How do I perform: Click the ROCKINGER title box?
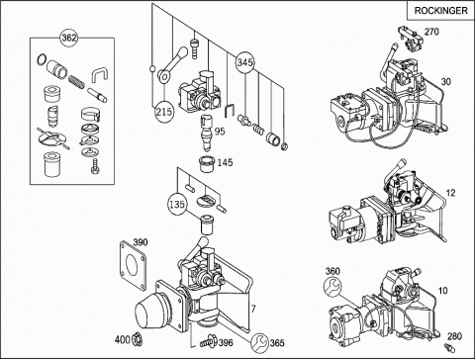tap(440, 11)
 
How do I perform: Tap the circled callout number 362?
tap(68, 38)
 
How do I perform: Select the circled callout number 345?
tap(245, 62)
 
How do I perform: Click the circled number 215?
tap(164, 112)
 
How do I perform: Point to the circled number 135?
tap(177, 204)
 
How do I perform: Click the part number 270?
tap(431, 32)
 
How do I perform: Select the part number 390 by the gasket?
tap(141, 242)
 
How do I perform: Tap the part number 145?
tap(225, 162)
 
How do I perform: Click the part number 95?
tap(220, 131)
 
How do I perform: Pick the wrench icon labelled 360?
tap(332, 287)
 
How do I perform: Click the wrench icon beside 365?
tap(259, 343)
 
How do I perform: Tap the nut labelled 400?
tap(137, 339)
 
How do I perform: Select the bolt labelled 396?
tap(208, 341)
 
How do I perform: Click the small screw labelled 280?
tap(448, 347)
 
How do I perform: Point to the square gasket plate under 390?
tap(133, 265)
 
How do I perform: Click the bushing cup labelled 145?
tap(207, 163)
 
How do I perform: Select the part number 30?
tap(445, 81)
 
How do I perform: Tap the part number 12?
tap(450, 193)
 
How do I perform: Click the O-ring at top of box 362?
tap(42, 60)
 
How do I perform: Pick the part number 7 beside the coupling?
tap(253, 309)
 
